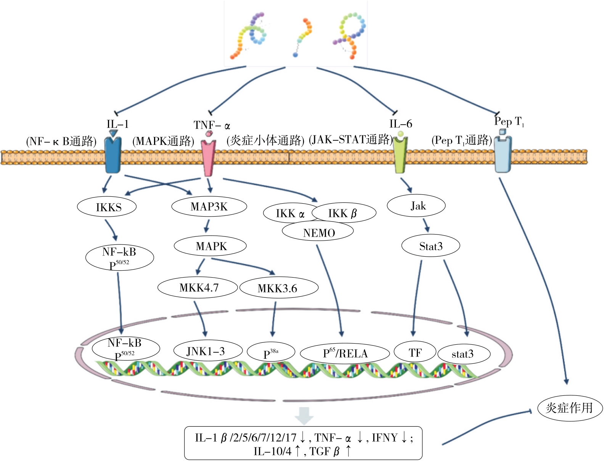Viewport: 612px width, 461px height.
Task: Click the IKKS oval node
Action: [107, 207]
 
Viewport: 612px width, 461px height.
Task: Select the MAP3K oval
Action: [209, 206]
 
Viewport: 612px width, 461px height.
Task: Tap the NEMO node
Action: [318, 232]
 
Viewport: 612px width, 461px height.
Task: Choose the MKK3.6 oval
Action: [279, 288]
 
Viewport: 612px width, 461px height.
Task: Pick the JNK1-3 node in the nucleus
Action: [207, 351]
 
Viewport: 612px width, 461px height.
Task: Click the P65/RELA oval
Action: [345, 353]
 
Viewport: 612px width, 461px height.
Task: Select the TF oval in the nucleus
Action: [414, 352]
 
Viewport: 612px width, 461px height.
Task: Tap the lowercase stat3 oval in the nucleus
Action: [464, 354]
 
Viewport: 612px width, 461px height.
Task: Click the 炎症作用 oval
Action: [570, 408]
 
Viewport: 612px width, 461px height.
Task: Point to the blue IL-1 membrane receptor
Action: [113, 154]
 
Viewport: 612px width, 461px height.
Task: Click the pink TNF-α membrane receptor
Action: [208, 157]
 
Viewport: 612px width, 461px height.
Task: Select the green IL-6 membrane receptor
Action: [400, 154]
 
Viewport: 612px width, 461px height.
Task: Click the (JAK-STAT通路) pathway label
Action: [350, 140]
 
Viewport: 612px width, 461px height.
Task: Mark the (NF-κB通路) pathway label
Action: [61, 141]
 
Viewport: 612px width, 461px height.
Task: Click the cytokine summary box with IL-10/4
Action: [303, 443]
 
